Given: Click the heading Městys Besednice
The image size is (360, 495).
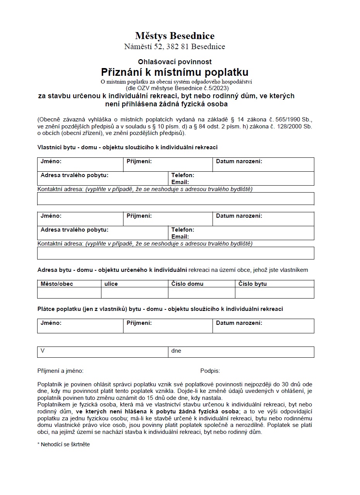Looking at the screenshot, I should click(175, 36).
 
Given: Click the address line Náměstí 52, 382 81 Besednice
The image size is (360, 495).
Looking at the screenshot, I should click(175, 47).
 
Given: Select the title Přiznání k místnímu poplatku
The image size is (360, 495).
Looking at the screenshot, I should click(175, 72).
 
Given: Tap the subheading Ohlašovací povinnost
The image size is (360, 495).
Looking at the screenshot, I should click(175, 62).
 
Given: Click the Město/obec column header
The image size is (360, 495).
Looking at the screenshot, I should click(57, 284).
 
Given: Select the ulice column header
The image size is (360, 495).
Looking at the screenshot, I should click(111, 284).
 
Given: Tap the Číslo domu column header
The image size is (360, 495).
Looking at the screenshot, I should click(187, 284).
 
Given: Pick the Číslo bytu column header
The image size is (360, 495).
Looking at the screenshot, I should click(252, 284).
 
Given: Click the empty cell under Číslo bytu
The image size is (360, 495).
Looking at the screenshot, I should click(274, 293).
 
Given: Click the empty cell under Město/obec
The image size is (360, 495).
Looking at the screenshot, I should click(69, 293).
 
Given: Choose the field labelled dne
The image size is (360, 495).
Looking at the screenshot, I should click(241, 352).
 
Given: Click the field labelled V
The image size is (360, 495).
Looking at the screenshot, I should click(103, 352).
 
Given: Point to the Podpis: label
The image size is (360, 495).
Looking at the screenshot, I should click(210, 371).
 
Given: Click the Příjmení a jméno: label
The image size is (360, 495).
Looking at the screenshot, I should click(60, 371).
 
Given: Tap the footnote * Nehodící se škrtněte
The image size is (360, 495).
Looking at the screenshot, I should click(63, 444).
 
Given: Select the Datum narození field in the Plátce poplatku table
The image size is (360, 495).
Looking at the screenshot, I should click(263, 326).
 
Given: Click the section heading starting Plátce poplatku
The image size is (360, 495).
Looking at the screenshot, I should click(160, 309).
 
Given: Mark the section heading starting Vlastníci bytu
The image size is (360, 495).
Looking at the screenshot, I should click(127, 147).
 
